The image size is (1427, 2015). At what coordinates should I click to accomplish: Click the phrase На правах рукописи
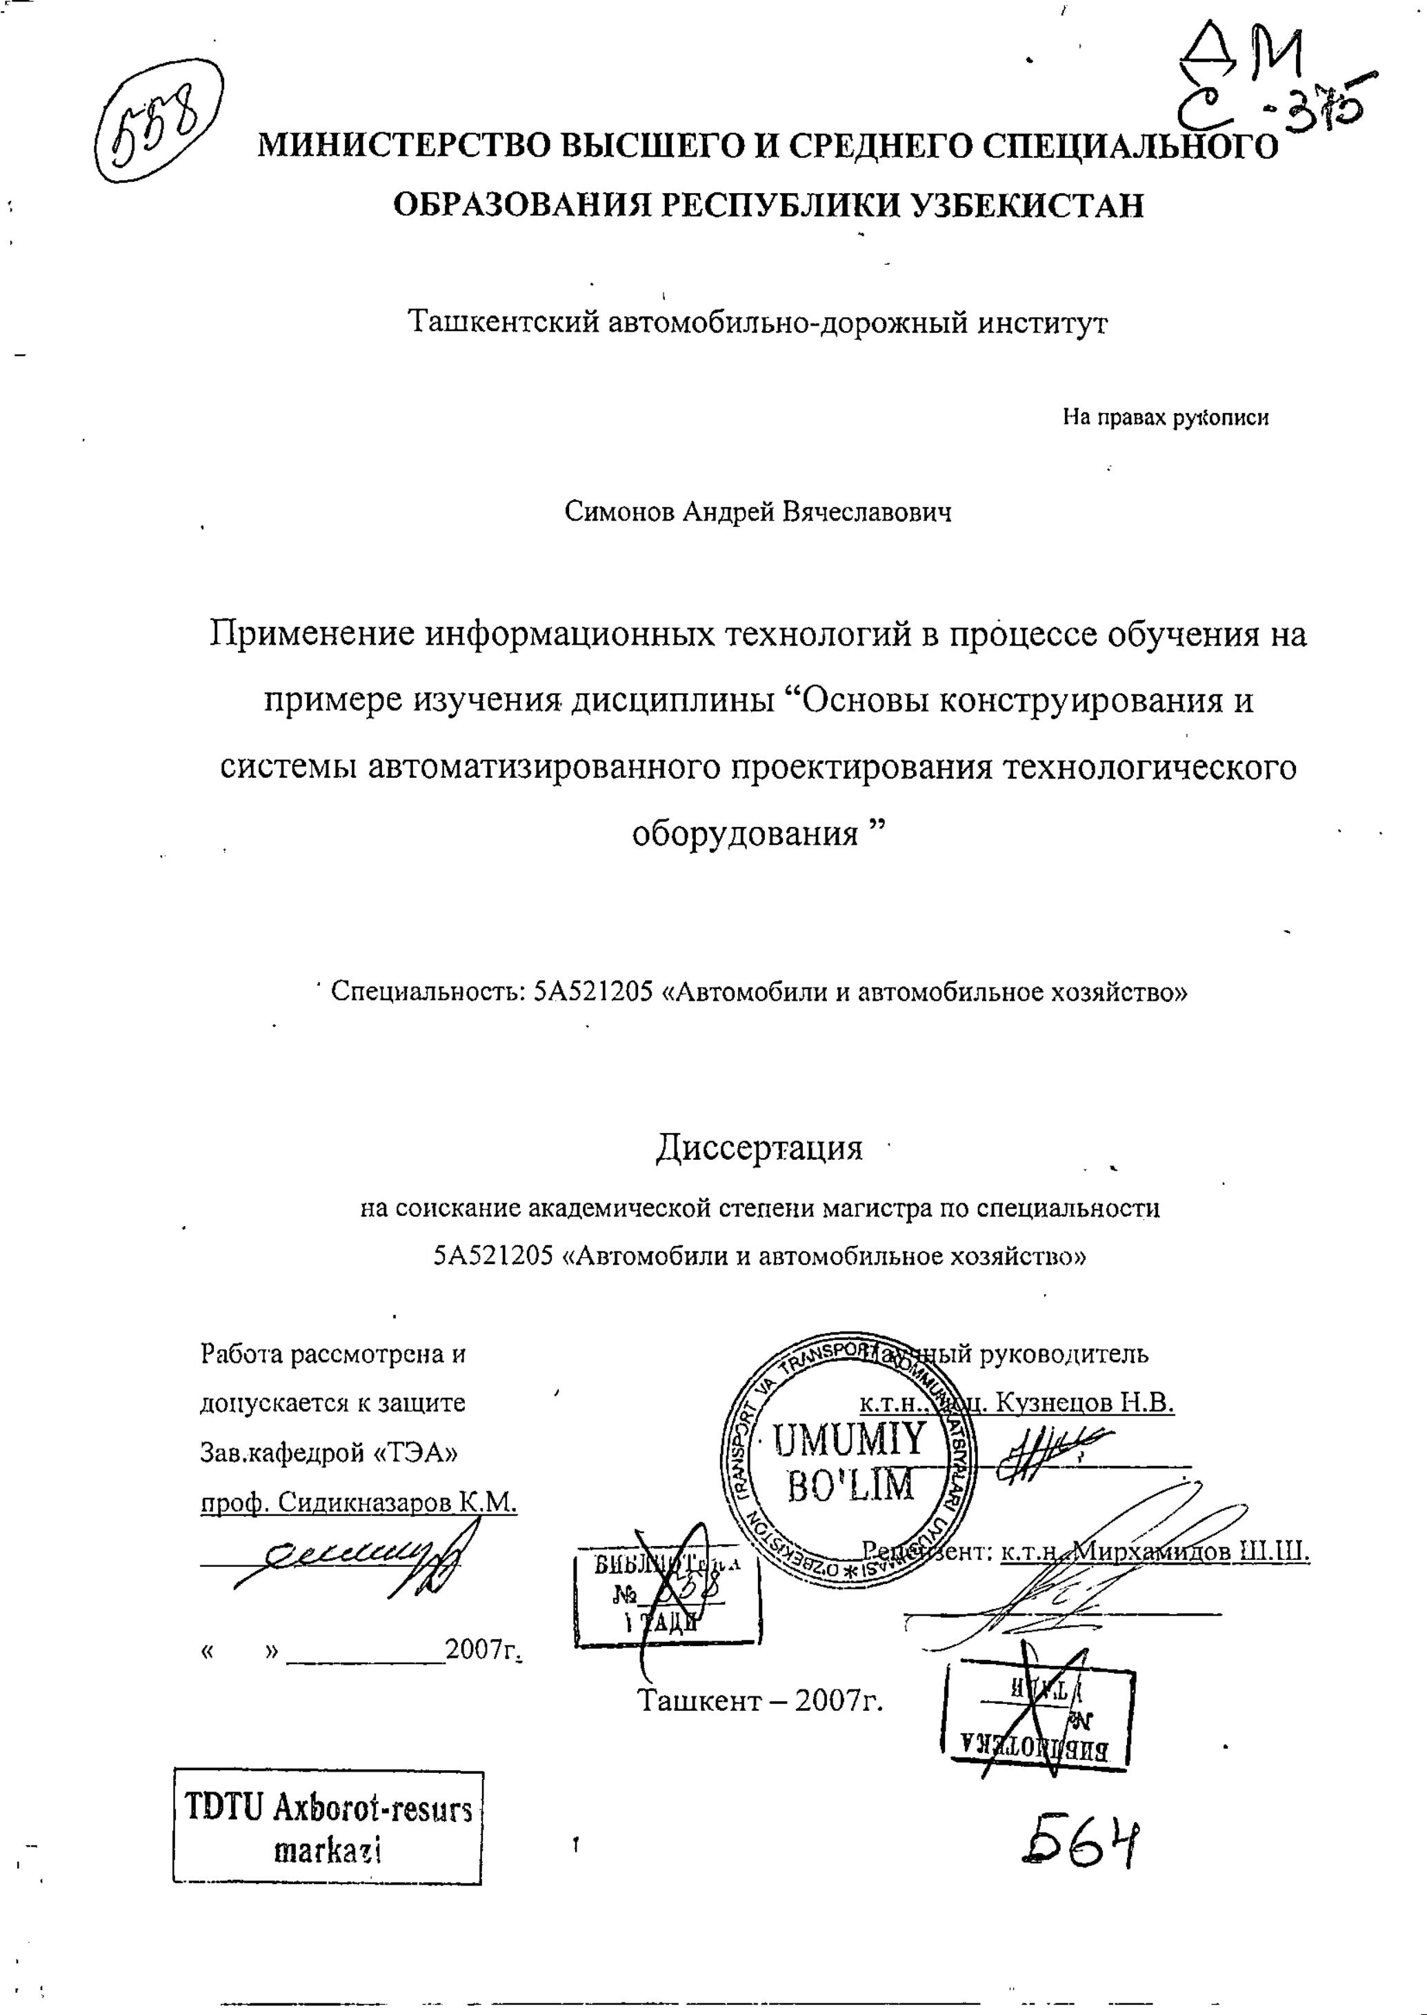coord(1165,417)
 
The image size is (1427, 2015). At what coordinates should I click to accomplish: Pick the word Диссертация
coord(759,1148)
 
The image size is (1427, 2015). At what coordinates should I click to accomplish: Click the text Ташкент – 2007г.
coord(759,1701)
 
